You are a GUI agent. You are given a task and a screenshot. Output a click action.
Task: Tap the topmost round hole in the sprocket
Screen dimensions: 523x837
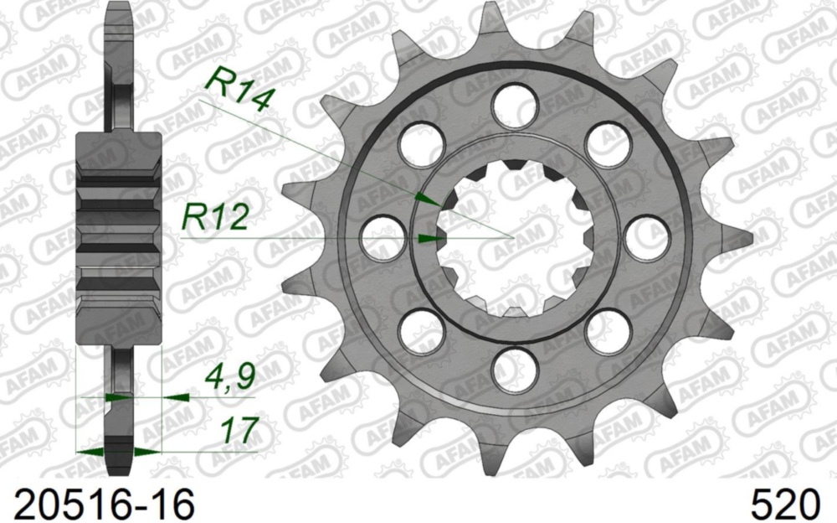click(514, 106)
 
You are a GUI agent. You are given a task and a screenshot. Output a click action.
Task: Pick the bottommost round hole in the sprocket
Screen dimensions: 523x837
click(514, 370)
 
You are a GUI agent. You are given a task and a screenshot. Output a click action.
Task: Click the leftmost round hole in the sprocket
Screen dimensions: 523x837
click(382, 237)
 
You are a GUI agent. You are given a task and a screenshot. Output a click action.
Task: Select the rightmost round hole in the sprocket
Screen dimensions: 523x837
click(647, 237)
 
